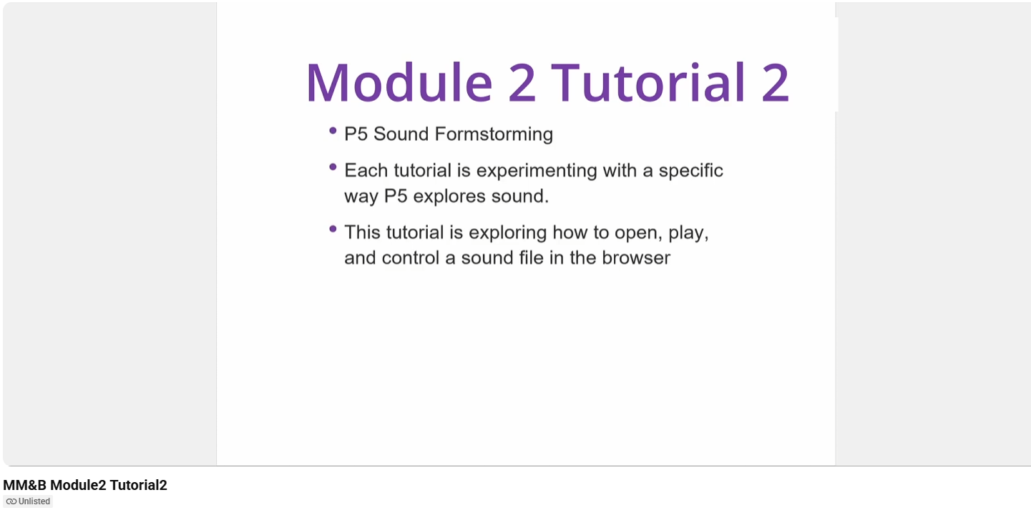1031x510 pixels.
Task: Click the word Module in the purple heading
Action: pos(399,83)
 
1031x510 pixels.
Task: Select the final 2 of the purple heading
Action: pos(775,83)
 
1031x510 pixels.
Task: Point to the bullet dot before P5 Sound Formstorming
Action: pos(333,131)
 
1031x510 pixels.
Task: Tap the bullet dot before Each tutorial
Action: pos(333,167)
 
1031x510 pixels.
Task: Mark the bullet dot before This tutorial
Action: pos(333,229)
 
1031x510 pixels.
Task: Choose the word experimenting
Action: pos(537,171)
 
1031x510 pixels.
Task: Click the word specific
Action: pos(690,171)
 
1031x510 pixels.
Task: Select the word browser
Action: pos(635,258)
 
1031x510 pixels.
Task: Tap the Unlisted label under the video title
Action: pos(34,501)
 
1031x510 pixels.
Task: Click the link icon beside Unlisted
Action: pos(11,501)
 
